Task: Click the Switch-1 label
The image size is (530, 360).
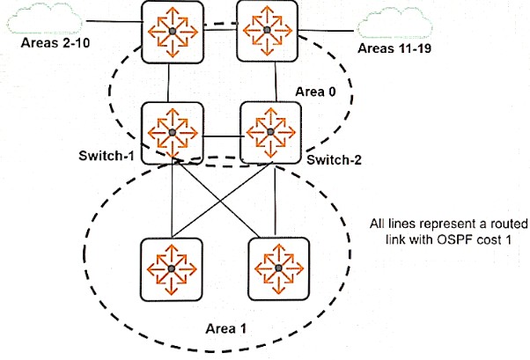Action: pyautogui.click(x=107, y=156)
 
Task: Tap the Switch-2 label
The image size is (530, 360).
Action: pyautogui.click(x=334, y=159)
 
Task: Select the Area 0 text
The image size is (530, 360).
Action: pyautogui.click(x=316, y=92)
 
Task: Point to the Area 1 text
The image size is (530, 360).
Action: pyautogui.click(x=225, y=328)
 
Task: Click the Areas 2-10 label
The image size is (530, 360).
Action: pyautogui.click(x=55, y=43)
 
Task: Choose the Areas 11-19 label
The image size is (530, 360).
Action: pyautogui.click(x=394, y=48)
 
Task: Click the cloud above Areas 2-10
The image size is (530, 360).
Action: pyautogui.click(x=44, y=18)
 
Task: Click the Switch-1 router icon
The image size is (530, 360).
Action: pyautogui.click(x=173, y=133)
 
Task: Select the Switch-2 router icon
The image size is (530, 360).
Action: pyautogui.click(x=270, y=133)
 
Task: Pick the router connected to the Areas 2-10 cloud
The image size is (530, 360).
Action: pyautogui.click(x=173, y=32)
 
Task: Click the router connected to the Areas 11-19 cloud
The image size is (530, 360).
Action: pyautogui.click(x=267, y=31)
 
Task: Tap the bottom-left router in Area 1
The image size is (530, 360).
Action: pyautogui.click(x=172, y=269)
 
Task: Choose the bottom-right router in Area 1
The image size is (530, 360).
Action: pyautogui.click(x=278, y=268)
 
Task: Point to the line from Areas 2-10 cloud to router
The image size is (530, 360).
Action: pyautogui.click(x=114, y=22)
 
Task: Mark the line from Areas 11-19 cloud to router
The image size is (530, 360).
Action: pyautogui.click(x=326, y=31)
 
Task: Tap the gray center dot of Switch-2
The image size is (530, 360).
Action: pyautogui.click(x=270, y=132)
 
